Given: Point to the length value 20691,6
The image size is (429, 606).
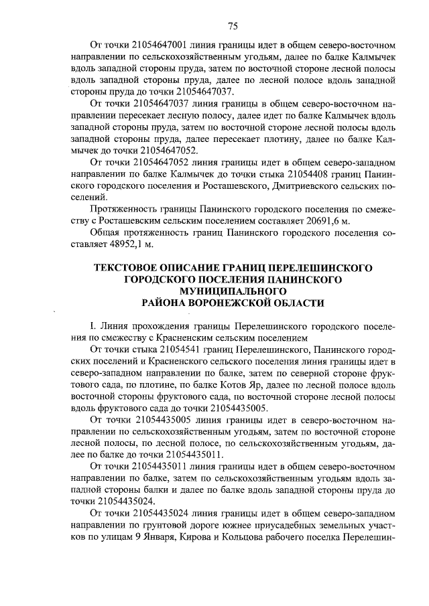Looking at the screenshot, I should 330,220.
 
